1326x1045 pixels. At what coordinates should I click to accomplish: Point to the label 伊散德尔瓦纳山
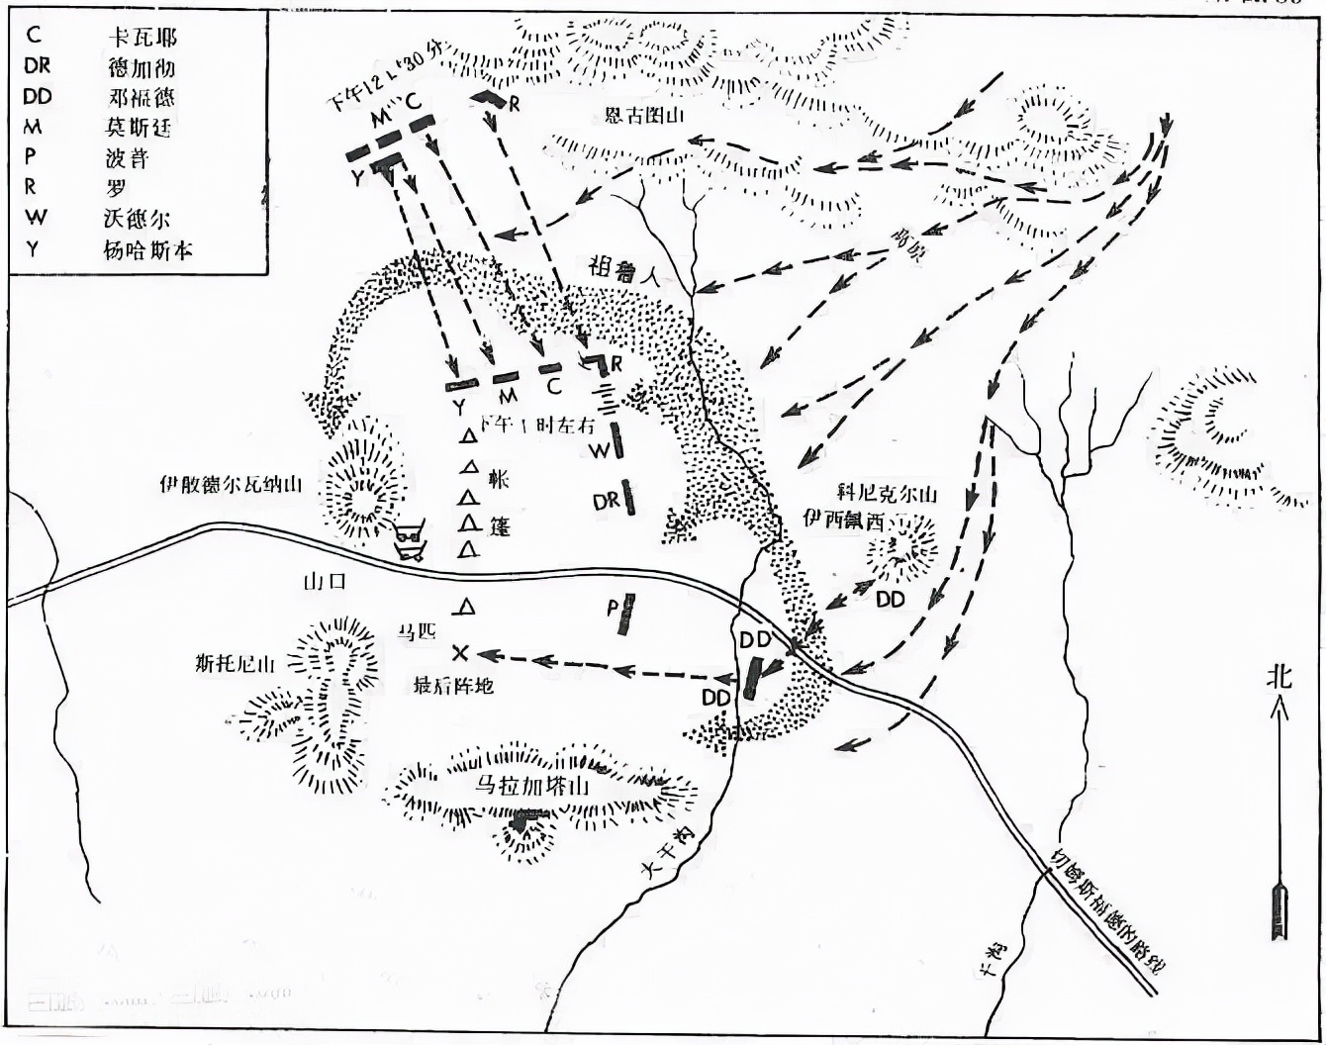231,485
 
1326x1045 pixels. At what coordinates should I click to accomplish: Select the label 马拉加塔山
531,787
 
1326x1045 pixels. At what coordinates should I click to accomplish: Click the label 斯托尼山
236,664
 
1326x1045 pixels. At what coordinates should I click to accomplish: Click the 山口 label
325,582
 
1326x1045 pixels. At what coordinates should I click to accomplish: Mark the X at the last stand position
459,652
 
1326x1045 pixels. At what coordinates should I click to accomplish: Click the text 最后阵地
455,685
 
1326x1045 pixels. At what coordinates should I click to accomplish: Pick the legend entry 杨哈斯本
147,249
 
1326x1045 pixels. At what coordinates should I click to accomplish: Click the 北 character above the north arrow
1279,677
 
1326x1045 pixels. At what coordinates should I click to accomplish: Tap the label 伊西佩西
842,522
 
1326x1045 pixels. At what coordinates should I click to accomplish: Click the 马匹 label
417,631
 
